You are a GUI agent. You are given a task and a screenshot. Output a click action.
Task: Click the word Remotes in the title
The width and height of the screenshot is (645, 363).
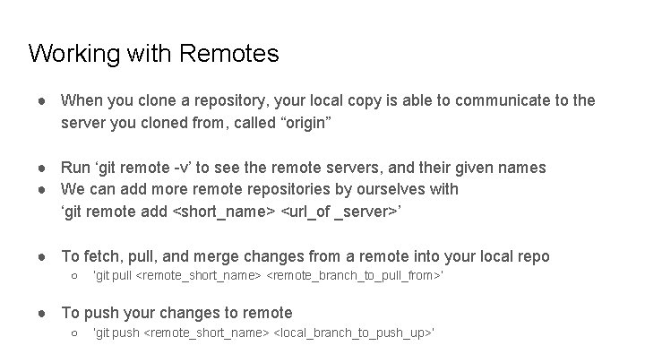tap(229, 54)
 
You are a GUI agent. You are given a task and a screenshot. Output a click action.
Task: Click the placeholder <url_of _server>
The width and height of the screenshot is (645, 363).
tap(337, 212)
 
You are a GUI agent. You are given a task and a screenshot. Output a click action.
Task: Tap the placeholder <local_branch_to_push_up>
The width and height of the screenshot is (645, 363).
tap(352, 333)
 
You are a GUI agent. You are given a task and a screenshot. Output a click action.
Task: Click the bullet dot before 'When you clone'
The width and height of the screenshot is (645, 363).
tap(42, 100)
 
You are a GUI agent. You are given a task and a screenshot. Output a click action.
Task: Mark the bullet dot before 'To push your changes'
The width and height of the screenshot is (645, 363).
tap(42, 313)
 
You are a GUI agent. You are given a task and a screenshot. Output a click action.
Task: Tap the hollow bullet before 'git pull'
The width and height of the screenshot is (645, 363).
tap(74, 276)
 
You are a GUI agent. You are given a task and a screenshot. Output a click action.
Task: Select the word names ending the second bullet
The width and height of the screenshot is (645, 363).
tap(523, 168)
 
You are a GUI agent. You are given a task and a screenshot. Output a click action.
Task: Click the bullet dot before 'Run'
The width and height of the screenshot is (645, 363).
tap(42, 168)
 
